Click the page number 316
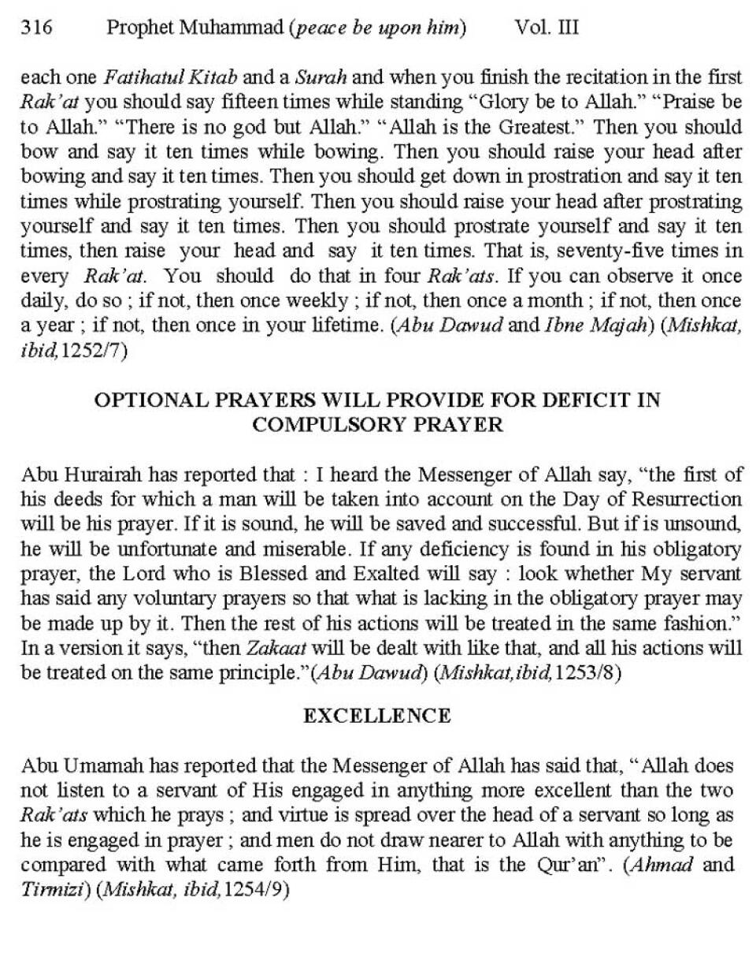pyautogui.click(x=36, y=28)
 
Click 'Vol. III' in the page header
pyautogui.click(x=547, y=28)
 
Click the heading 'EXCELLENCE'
pyautogui.click(x=377, y=716)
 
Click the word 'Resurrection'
pyautogui.click(x=694, y=499)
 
